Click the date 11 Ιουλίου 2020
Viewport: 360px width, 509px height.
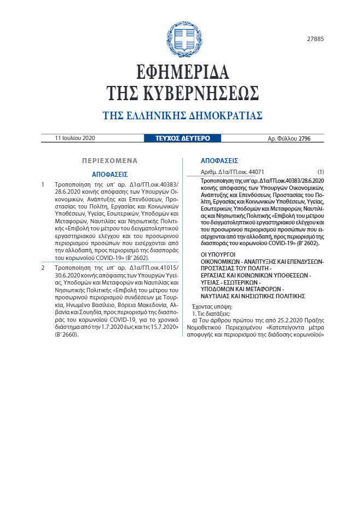tap(75, 138)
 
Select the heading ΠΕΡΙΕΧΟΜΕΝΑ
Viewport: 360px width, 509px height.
tap(109, 161)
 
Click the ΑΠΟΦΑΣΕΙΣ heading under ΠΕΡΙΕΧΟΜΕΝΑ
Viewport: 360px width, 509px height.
tap(109, 174)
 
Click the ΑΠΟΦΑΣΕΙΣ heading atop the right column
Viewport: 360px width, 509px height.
tap(219, 161)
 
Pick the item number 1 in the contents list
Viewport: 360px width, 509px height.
tap(43, 185)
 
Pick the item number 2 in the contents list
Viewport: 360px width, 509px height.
tap(43, 268)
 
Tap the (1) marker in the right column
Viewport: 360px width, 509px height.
tap(321, 172)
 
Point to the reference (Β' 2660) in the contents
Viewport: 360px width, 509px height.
tap(66, 334)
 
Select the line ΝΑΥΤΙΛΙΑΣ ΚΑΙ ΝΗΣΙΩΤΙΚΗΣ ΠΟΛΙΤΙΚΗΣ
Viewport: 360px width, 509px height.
tap(245, 296)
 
